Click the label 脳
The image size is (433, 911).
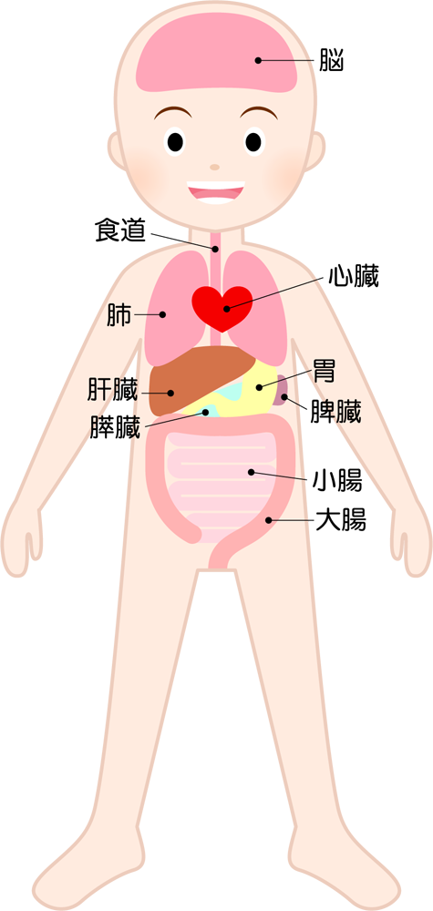click(x=331, y=60)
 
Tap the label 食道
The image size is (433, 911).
click(x=119, y=230)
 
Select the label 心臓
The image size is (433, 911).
click(x=354, y=277)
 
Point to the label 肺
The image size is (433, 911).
click(x=119, y=314)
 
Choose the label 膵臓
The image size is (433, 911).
click(x=115, y=425)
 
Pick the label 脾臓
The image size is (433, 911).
click(x=336, y=412)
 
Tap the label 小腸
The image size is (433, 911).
click(x=337, y=481)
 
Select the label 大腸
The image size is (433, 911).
click(x=341, y=520)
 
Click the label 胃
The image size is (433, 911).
click(x=324, y=370)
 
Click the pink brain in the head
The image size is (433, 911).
click(x=217, y=54)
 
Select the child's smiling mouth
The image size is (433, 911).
click(x=216, y=192)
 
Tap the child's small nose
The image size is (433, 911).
click(x=215, y=167)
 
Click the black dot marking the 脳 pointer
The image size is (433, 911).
click(x=258, y=60)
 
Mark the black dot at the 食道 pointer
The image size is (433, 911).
click(x=215, y=249)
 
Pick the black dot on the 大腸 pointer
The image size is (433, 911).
click(x=269, y=520)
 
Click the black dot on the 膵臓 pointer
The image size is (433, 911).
click(x=206, y=413)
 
